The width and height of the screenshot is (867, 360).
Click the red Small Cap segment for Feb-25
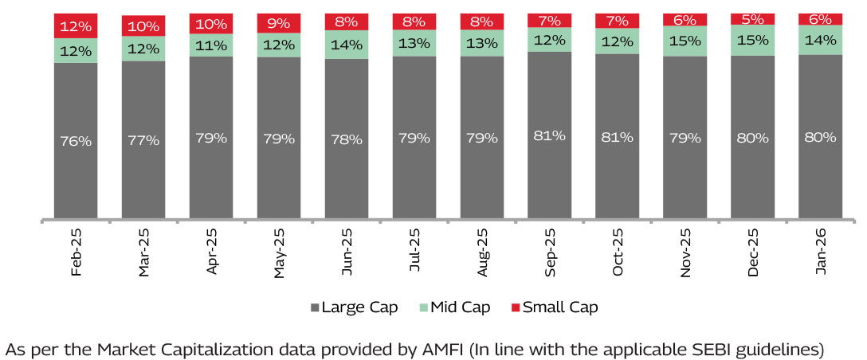76,25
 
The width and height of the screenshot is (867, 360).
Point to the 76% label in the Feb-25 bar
76,141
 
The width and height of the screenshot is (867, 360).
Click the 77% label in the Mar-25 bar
143,140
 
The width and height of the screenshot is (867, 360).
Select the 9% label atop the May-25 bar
279,23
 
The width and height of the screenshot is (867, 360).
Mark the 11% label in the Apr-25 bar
211,45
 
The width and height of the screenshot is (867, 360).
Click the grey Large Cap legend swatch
315,307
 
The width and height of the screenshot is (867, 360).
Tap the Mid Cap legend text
461,307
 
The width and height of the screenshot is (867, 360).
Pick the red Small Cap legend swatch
515,307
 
